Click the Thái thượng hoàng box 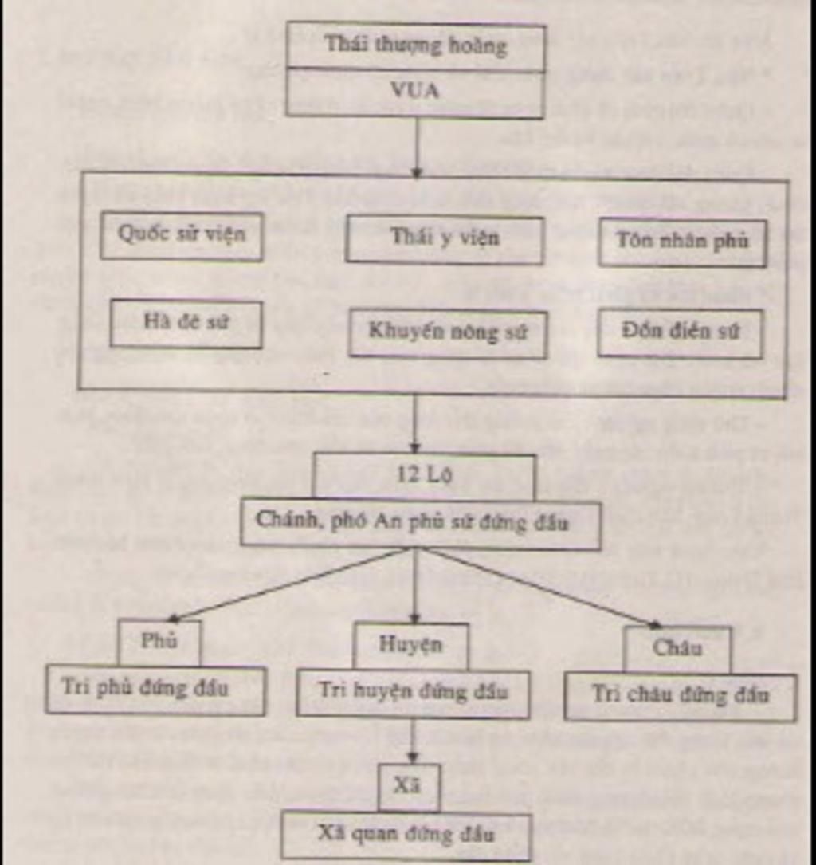click(x=415, y=45)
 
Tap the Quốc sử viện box click(x=182, y=235)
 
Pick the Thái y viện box click(x=444, y=238)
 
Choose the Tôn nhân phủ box click(x=682, y=242)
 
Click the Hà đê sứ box click(x=186, y=323)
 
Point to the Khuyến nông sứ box click(x=447, y=332)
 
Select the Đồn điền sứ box click(x=680, y=332)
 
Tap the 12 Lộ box click(x=423, y=475)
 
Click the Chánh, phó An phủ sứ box click(x=420, y=523)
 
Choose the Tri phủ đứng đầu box click(x=155, y=689)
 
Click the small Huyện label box click(x=410, y=645)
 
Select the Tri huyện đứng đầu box click(x=413, y=692)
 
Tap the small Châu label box click(x=677, y=648)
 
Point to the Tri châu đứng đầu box click(x=680, y=696)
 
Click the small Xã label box click(x=408, y=785)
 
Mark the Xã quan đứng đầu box click(x=406, y=835)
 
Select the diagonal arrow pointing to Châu click(x=542, y=587)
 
